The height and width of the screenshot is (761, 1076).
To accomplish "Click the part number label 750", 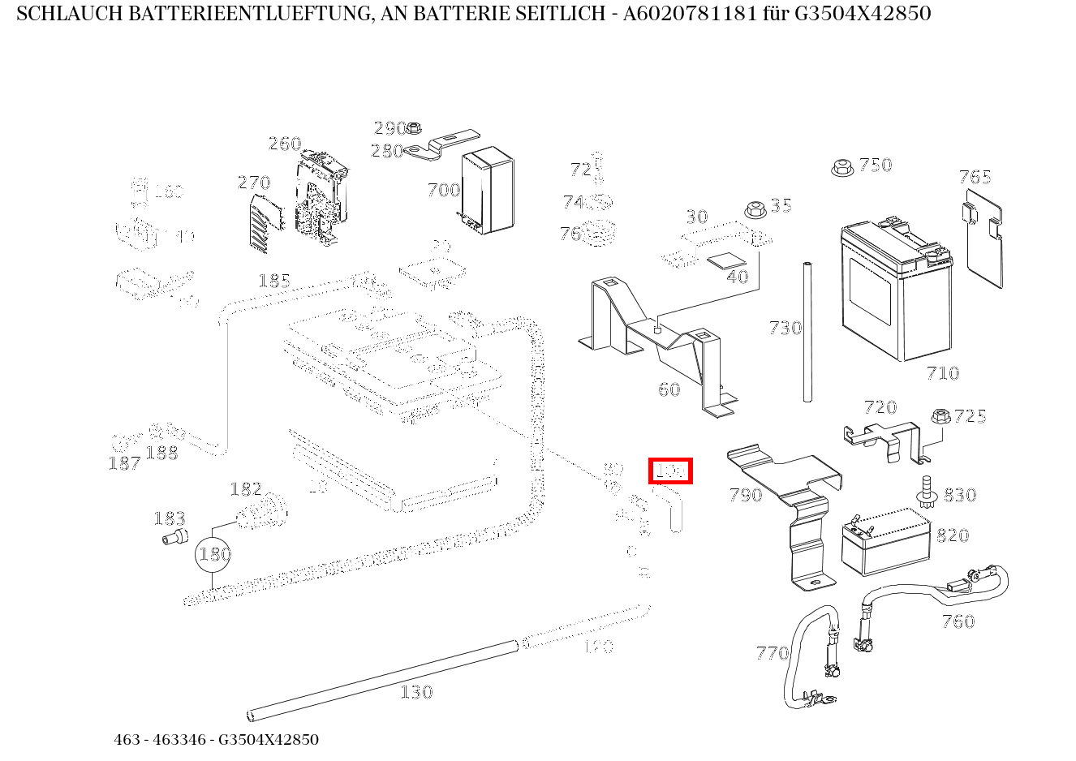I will [x=876, y=165].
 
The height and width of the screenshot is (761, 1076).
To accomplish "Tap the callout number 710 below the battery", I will [x=942, y=373].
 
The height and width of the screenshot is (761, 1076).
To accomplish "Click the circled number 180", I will [x=213, y=555].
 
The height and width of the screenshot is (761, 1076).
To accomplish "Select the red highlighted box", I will [x=670, y=471].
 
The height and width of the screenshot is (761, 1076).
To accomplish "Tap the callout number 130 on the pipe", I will [x=415, y=692].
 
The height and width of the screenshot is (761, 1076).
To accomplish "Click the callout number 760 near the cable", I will [x=958, y=621].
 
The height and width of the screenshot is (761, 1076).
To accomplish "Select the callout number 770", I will [x=772, y=653].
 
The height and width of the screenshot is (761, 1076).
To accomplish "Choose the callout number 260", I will [x=285, y=144].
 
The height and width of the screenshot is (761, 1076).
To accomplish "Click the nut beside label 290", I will [x=414, y=127].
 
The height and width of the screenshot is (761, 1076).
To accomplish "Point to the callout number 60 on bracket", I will [x=669, y=389].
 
